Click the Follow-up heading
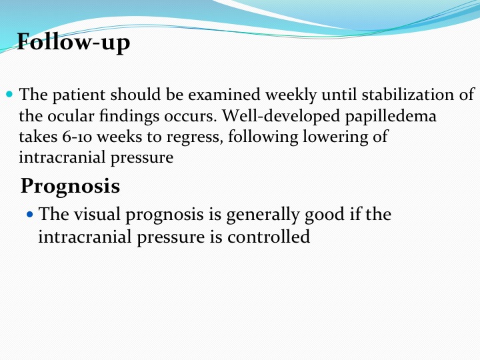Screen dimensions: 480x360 [x=73, y=43]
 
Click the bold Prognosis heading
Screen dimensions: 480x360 [x=70, y=187]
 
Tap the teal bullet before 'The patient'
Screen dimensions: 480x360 [x=9, y=94]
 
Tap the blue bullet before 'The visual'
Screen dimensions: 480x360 [x=30, y=214]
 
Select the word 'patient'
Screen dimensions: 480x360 [x=79, y=95]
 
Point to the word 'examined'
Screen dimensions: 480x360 [x=224, y=95]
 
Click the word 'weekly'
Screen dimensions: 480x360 [x=291, y=95]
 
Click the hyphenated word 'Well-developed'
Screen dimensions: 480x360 [x=281, y=116]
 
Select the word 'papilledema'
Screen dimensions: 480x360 [x=391, y=116]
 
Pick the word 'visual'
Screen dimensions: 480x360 [x=97, y=214]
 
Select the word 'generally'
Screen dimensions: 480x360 [x=263, y=215]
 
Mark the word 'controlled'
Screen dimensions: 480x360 [x=269, y=237]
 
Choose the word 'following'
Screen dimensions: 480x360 [x=263, y=137]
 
